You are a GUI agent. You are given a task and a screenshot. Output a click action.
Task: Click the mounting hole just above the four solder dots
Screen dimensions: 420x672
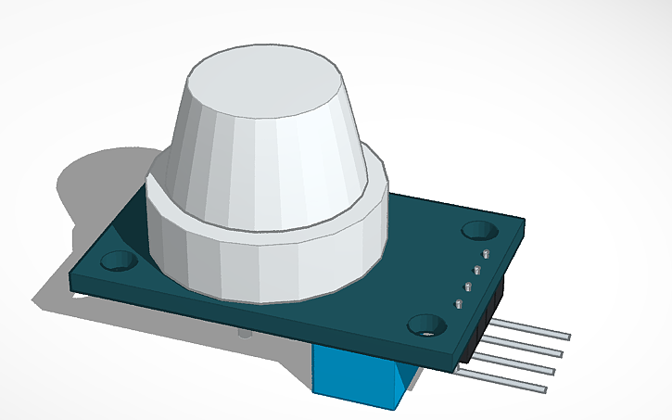[x=480, y=229]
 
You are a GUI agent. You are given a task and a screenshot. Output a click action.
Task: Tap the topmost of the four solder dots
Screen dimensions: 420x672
[x=483, y=253]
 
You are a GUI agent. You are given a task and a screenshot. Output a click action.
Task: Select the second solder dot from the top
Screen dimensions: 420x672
[x=475, y=270]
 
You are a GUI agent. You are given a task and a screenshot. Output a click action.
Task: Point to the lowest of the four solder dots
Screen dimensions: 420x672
[x=457, y=303]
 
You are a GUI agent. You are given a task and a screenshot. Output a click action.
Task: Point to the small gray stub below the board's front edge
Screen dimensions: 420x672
[x=243, y=332]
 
